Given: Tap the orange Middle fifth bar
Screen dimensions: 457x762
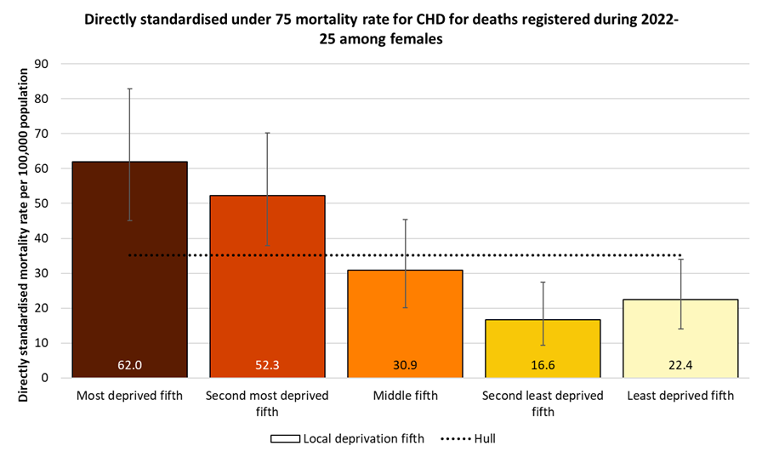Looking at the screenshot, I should click(405, 328).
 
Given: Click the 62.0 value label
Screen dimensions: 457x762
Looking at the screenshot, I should click(129, 365).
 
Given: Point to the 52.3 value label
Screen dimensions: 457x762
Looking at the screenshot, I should click(267, 365).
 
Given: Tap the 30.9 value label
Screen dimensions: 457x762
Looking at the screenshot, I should click(405, 365).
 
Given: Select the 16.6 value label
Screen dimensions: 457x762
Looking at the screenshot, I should click(543, 365).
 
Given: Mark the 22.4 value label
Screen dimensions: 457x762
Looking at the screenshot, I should click(680, 365).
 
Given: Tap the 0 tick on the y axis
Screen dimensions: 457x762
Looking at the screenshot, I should click(45, 378).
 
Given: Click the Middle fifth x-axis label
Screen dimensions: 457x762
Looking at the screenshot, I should click(405, 396).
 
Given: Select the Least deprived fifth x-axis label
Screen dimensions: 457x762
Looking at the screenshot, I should click(680, 396).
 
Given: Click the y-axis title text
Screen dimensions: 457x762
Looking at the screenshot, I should click(23, 220).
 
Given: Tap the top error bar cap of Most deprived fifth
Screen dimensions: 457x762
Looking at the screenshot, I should click(129, 89).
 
